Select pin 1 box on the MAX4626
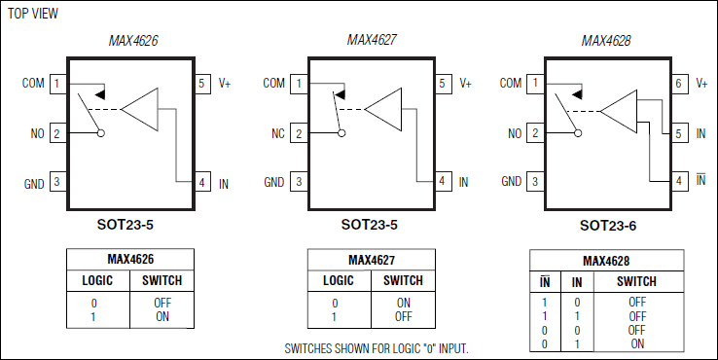click(57, 84)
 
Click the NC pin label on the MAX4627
click(275, 133)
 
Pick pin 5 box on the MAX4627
click(442, 84)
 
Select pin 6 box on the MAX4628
click(679, 84)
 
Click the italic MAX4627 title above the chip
click(372, 41)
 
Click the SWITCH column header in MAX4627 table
click(403, 281)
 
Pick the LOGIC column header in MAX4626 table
click(96, 281)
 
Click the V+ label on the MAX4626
click(224, 84)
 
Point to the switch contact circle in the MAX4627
click(341, 133)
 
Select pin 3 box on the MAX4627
click(298, 182)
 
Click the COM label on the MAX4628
click(512, 84)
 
